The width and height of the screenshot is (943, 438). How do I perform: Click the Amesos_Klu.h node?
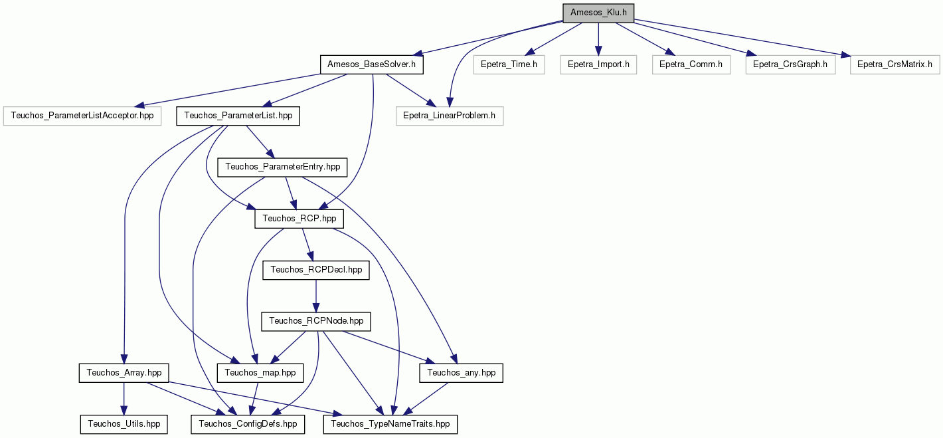click(598, 13)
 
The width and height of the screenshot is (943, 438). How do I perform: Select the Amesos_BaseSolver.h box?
click(372, 65)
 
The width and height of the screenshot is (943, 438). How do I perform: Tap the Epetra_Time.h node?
click(509, 65)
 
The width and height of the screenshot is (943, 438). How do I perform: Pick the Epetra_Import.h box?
click(598, 65)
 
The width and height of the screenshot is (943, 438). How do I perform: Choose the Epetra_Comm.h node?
click(691, 65)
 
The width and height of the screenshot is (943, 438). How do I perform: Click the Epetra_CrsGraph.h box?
click(790, 65)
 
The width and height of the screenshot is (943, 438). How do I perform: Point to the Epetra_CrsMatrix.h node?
click(895, 65)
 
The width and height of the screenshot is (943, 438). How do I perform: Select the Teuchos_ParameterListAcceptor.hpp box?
click(82, 116)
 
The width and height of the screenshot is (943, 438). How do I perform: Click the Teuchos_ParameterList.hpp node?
click(238, 116)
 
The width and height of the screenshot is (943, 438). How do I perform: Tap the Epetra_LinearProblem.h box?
click(449, 116)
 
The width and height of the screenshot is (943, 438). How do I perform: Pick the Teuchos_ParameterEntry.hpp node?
click(282, 167)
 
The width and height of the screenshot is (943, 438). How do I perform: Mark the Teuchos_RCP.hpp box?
click(300, 219)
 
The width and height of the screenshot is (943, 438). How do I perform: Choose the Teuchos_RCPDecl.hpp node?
click(316, 271)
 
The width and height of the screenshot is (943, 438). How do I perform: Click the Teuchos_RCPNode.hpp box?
click(316, 322)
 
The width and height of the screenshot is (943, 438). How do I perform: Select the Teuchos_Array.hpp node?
click(124, 373)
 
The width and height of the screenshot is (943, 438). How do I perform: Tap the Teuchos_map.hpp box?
click(260, 373)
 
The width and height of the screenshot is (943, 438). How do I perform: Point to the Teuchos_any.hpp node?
click(461, 373)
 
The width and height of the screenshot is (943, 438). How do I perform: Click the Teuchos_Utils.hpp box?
click(124, 425)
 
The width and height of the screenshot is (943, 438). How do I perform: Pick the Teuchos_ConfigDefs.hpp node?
click(248, 425)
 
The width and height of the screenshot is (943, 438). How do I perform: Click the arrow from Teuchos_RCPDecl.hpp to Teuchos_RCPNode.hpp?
click(316, 296)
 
